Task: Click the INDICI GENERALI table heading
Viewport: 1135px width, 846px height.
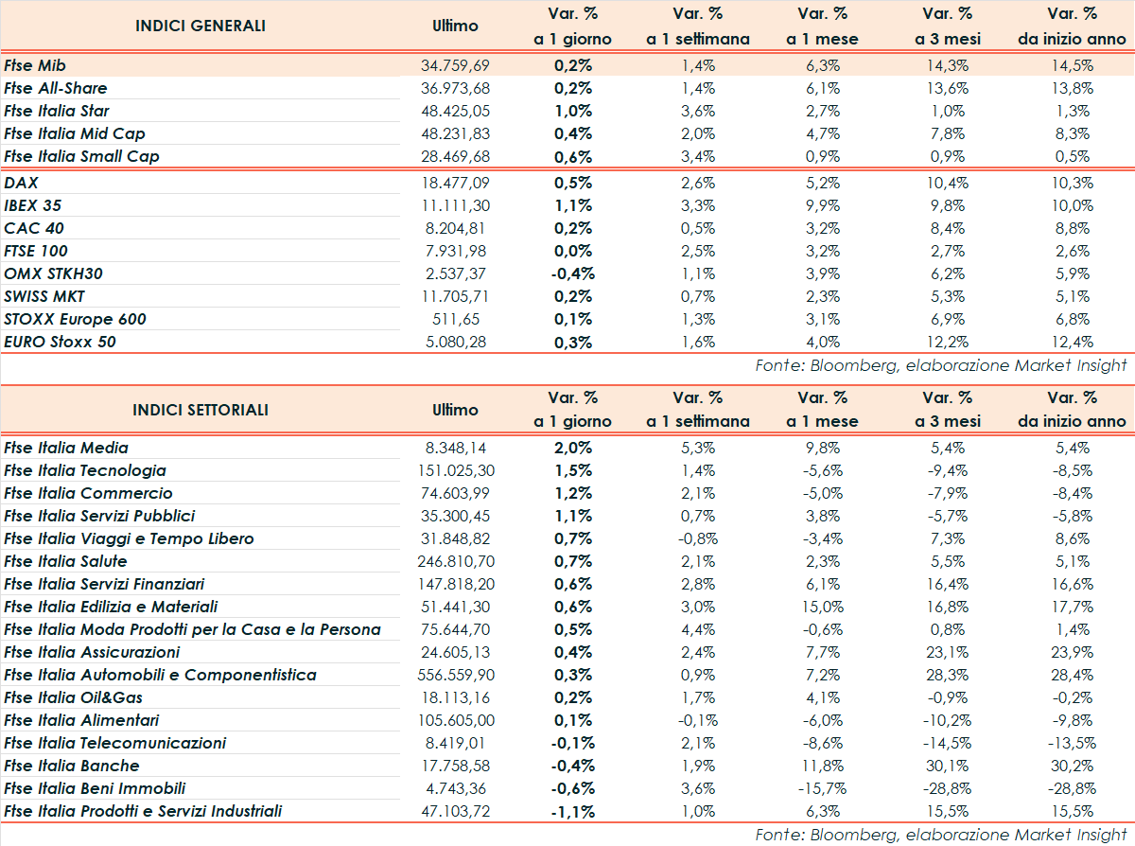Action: tap(201, 26)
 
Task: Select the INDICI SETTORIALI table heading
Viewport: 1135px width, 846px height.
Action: tap(201, 410)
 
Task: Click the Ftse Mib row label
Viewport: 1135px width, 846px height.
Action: tap(35, 65)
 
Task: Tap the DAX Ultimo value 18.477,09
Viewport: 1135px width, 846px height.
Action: tap(455, 183)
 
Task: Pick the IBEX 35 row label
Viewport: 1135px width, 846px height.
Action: tap(33, 205)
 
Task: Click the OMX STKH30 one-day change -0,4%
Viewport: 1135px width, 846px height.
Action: tap(572, 273)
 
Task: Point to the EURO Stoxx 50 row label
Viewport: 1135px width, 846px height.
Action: tap(61, 342)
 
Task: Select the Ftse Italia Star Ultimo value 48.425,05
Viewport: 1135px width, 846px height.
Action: tap(455, 111)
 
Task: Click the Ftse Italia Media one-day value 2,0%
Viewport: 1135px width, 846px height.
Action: tap(572, 448)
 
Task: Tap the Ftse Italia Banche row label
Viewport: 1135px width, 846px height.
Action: tap(72, 766)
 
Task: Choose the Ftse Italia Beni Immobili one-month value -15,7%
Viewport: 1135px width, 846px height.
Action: tap(822, 788)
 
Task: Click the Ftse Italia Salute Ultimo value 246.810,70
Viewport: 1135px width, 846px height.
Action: tap(455, 561)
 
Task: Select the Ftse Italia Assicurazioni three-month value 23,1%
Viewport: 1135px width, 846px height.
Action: tap(947, 652)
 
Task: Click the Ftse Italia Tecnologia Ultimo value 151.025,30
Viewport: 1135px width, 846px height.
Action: tap(455, 470)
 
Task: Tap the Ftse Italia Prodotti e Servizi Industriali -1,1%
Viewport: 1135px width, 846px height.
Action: tap(572, 811)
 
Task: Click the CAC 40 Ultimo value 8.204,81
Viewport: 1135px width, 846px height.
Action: tap(455, 228)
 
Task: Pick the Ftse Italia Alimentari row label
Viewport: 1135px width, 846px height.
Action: tap(82, 720)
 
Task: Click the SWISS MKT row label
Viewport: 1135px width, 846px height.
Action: tap(44, 296)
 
